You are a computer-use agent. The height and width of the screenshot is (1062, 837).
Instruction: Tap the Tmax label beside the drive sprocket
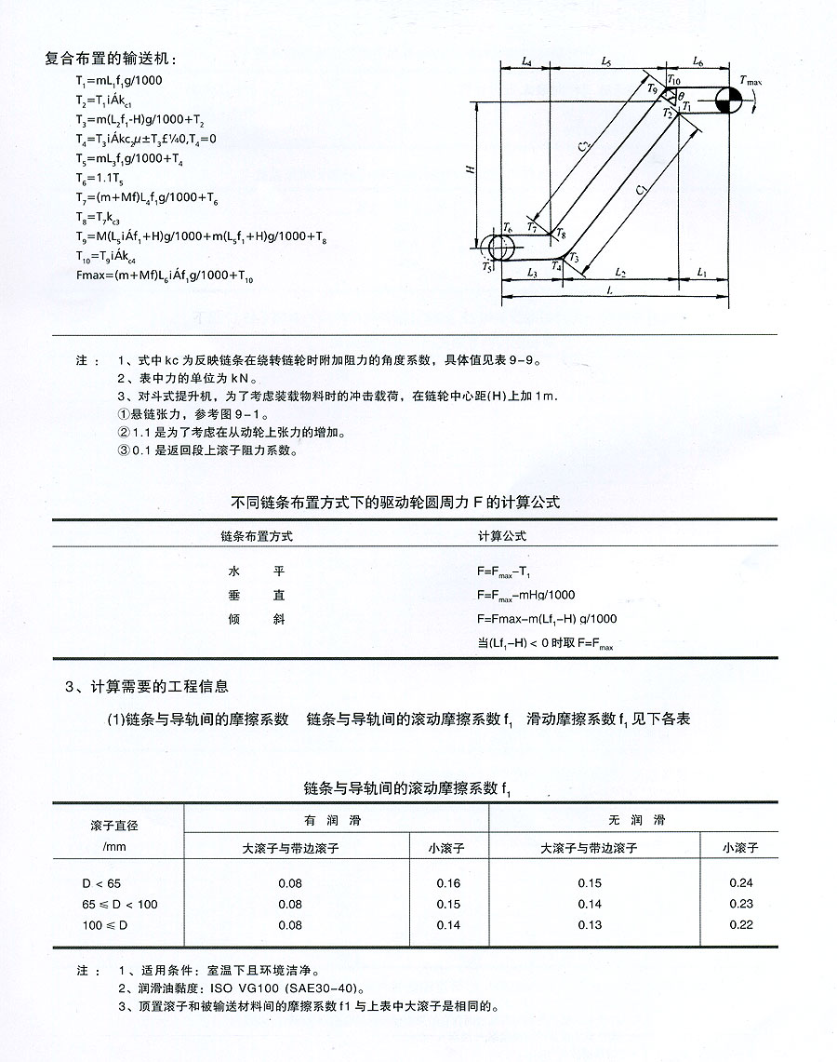751,83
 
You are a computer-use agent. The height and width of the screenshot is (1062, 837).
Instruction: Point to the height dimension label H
472,169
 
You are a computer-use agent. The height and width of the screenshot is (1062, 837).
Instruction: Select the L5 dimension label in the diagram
605,63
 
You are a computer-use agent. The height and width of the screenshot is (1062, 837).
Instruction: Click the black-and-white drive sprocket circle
729,101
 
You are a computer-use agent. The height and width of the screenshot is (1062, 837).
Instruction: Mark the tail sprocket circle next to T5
499,247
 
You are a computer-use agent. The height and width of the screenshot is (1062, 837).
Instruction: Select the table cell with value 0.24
741,883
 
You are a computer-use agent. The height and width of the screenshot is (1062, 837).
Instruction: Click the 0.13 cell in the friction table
590,924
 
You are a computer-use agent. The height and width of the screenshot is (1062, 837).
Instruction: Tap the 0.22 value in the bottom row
741,924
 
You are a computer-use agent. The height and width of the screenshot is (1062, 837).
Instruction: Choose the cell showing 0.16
448,883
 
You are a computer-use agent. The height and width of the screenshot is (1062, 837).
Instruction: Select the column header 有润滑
336,820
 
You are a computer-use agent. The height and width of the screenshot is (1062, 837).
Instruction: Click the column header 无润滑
632,820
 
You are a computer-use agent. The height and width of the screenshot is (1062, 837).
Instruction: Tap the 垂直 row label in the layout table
256,595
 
